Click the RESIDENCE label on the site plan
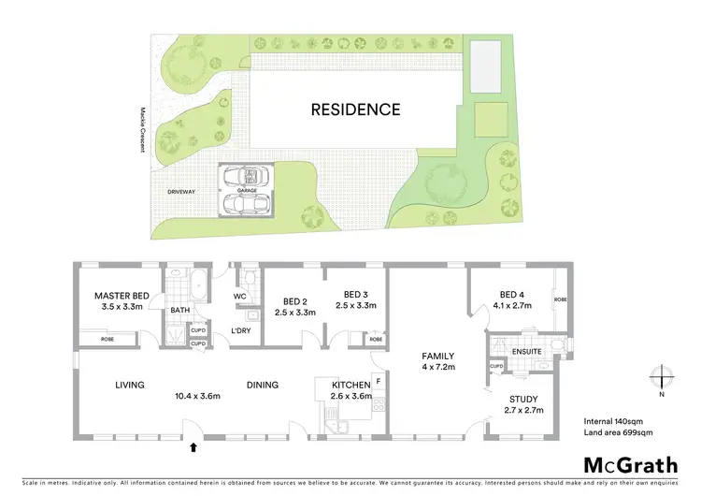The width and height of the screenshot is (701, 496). [355, 109]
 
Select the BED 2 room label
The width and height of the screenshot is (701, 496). [296, 301]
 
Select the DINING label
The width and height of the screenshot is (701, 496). [264, 384]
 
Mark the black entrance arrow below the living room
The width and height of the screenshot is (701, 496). [193, 447]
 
